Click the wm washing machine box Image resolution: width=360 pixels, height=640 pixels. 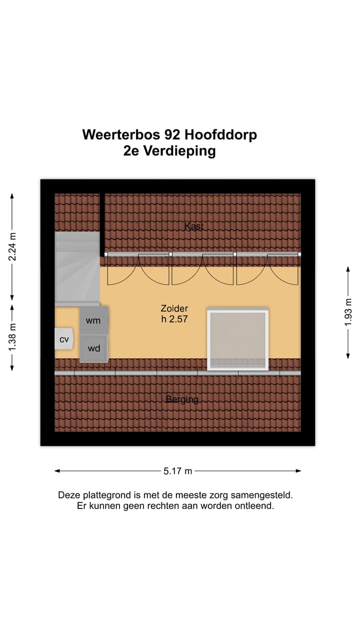[94, 320]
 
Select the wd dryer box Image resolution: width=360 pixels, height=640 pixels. [94, 348]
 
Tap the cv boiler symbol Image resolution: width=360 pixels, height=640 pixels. [64, 339]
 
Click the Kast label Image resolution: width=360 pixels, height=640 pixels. [194, 226]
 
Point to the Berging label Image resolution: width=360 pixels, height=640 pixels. [182, 399]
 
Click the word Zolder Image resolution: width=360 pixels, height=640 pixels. [174, 308]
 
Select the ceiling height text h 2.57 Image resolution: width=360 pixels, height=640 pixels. [174, 319]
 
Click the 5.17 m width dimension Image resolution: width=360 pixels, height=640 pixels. [178, 470]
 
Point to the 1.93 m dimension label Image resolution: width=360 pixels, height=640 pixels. [348, 312]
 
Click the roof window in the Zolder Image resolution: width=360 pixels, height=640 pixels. [238, 339]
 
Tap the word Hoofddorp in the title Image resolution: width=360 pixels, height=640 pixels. [220, 134]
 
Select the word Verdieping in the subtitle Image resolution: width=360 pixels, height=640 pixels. [179, 151]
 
